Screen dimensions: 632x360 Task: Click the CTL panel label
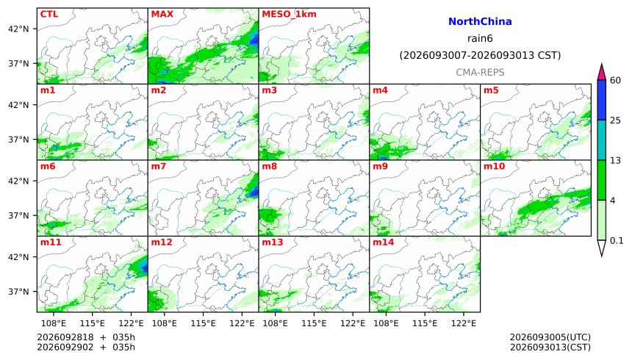[49, 14]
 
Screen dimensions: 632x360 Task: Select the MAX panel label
[162, 14]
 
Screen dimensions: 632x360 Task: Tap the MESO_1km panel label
[289, 15]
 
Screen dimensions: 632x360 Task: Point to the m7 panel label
[159, 166]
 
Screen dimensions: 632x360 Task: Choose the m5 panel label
[491, 90]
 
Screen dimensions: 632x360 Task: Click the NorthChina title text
[480, 21]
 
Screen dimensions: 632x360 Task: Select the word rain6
[480, 38]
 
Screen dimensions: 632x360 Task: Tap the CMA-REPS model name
[480, 72]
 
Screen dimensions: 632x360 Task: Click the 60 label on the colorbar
[616, 80]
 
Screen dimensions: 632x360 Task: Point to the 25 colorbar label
[616, 120]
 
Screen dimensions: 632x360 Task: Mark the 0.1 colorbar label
[617, 241]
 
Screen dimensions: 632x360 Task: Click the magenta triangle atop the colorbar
[602, 73]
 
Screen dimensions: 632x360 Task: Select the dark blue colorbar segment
[602, 100]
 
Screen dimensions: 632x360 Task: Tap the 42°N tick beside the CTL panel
[18, 29]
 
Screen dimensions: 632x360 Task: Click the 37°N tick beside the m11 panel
[18, 292]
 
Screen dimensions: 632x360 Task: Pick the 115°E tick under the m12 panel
[203, 323]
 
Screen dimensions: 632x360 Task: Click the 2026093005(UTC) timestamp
[550, 337]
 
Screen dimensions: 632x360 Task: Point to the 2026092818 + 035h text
[86, 337]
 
